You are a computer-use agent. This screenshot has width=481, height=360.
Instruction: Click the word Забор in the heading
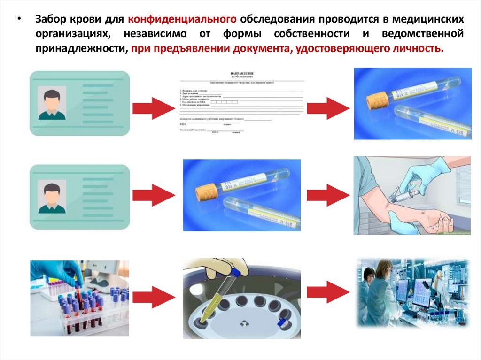[x=50, y=20]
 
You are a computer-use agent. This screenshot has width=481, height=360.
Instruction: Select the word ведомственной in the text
[x=427, y=34]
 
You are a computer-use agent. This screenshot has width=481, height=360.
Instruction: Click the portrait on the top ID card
[x=52, y=103]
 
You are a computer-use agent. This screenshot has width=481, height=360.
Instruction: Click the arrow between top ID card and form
[x=151, y=108]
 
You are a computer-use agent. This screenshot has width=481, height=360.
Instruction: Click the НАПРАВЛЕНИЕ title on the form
[x=241, y=74]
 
